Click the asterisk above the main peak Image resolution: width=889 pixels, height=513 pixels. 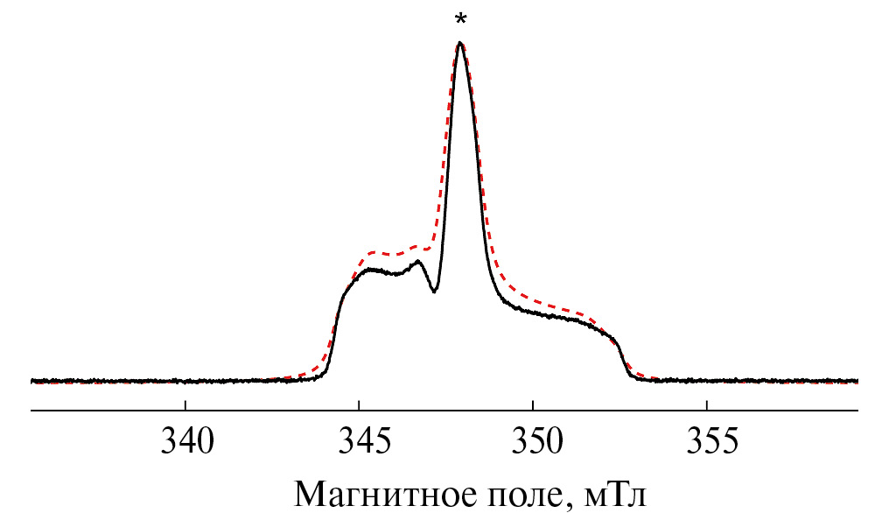click(460, 19)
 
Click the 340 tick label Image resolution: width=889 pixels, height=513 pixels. click(186, 441)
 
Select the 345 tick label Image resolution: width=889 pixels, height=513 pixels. click(360, 441)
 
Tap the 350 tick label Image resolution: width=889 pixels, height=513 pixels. click(533, 441)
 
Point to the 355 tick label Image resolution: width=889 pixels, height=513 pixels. click(707, 441)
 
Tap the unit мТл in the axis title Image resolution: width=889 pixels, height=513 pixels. click(615, 494)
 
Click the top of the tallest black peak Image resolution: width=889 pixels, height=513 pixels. click(459, 43)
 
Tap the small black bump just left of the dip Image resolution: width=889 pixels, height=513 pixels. click(418, 262)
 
